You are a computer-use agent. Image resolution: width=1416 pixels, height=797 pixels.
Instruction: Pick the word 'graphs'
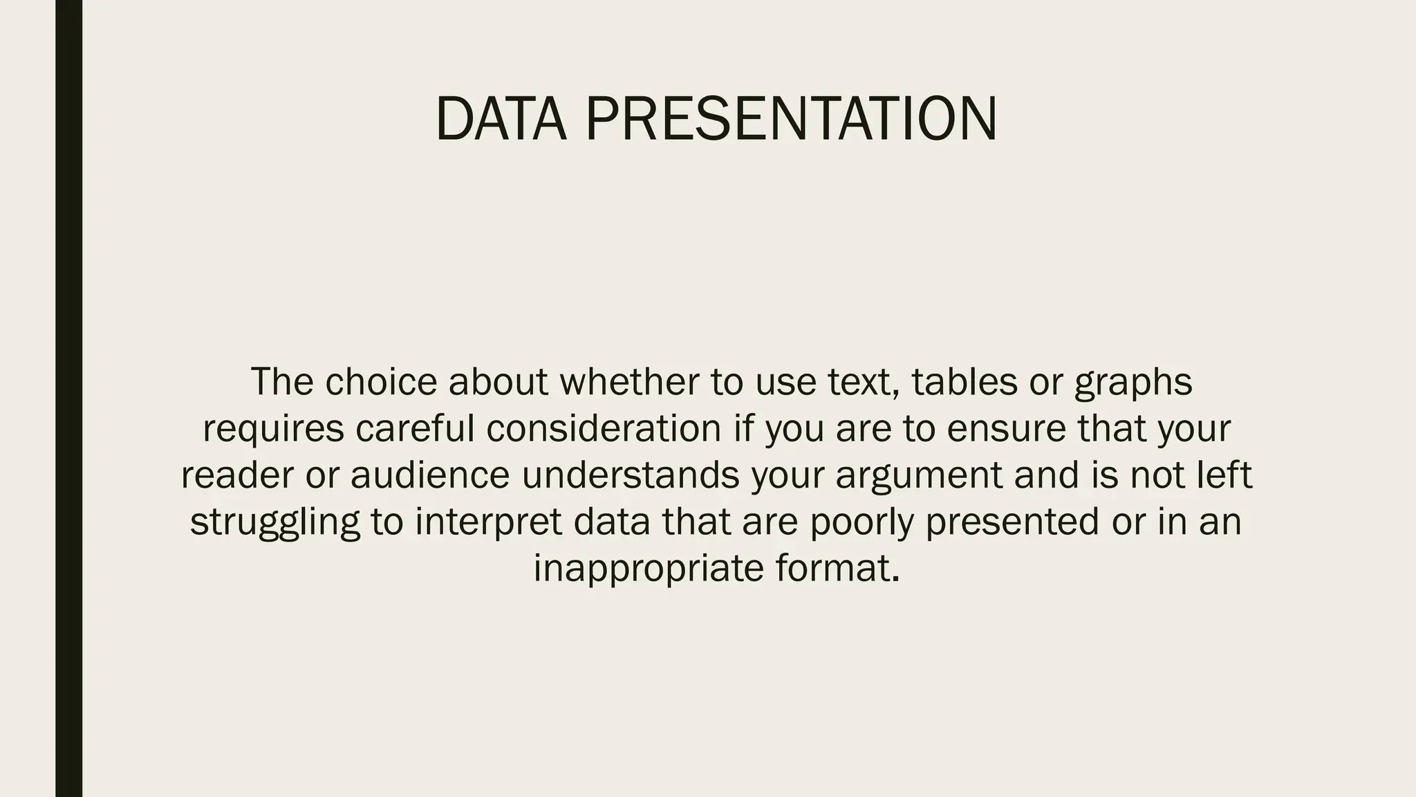point(1133,383)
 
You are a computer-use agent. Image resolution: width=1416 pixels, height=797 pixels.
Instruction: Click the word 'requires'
point(273,428)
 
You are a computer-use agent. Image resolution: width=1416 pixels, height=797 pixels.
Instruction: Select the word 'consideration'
point(604,428)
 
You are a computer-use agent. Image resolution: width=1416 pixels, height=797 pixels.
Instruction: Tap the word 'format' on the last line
point(833,568)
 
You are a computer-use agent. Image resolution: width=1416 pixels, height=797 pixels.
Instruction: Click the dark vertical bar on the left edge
point(68,398)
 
